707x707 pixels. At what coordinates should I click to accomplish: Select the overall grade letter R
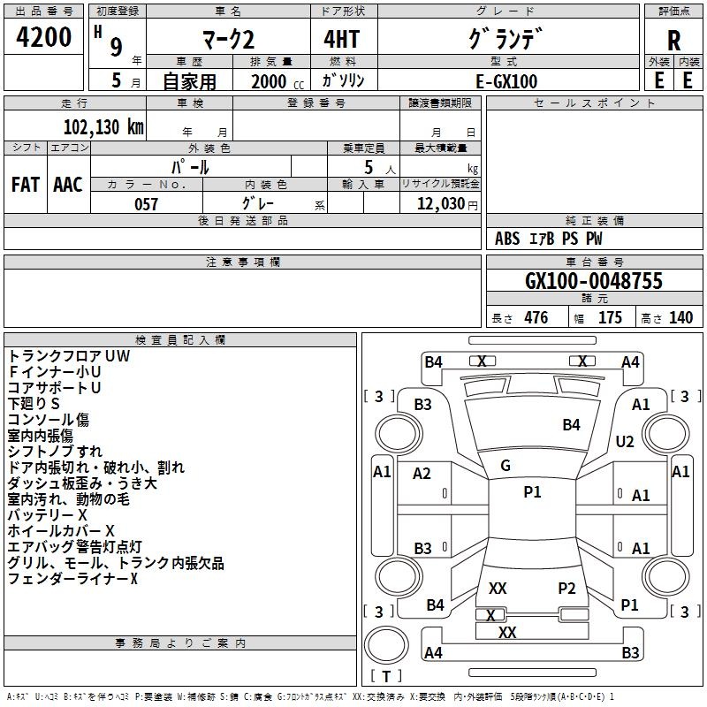tap(674, 41)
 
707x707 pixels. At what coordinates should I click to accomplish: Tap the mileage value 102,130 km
tap(103, 126)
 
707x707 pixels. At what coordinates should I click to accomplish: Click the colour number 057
tap(146, 204)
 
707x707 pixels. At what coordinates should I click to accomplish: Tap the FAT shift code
tap(26, 184)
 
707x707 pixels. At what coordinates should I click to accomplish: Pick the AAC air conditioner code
tap(67, 184)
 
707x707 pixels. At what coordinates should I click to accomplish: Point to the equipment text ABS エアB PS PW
tap(550, 239)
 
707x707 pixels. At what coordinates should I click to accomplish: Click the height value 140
tap(680, 318)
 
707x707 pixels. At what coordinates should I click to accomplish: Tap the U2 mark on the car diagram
tap(625, 441)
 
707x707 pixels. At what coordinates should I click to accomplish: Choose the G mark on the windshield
tap(506, 465)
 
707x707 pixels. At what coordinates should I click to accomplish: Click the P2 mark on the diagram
tap(566, 589)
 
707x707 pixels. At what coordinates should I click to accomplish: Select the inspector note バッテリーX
tap(48, 514)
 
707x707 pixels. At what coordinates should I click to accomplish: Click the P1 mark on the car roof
tap(532, 492)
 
